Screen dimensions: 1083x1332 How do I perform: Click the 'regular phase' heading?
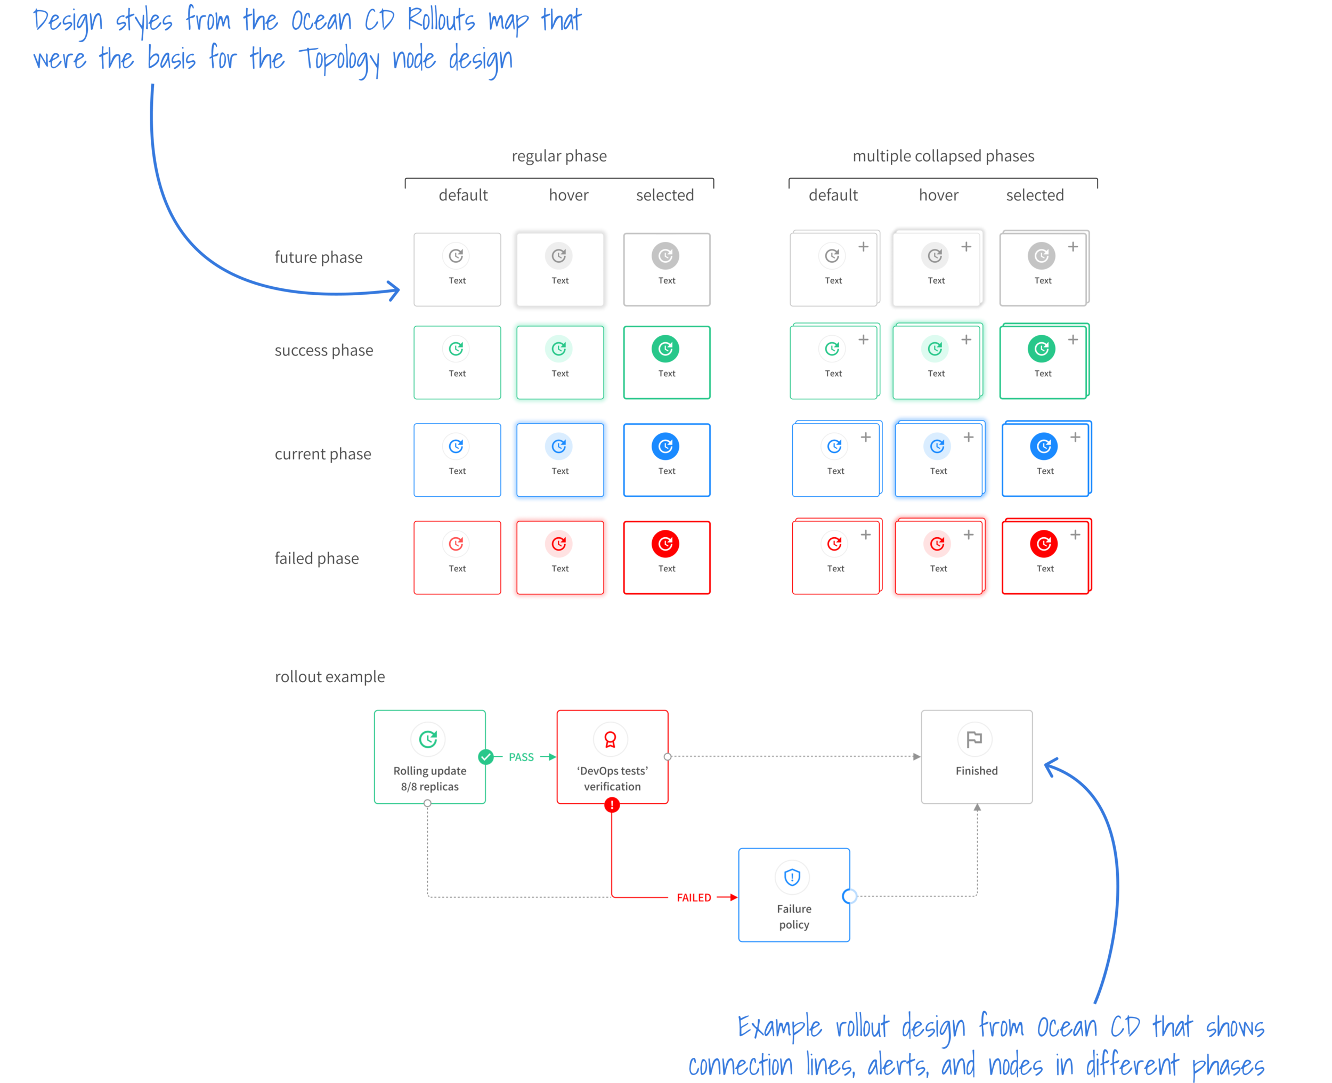tap(559, 156)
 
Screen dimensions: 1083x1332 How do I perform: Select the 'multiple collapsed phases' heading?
tap(943, 156)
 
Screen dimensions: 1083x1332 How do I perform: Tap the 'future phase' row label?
tap(318, 257)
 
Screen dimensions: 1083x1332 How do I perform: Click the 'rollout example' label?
tap(329, 677)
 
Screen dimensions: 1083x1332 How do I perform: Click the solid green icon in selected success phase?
tap(665, 349)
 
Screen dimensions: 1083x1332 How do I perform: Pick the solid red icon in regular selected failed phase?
tap(665, 544)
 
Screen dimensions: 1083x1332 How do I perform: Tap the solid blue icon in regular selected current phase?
tap(665, 446)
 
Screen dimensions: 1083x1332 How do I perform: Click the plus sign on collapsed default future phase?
tap(863, 247)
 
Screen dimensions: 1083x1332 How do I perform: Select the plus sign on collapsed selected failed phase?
tap(1075, 535)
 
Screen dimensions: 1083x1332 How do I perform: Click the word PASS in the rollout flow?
tap(521, 757)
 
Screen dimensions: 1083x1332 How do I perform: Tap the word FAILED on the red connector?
tap(693, 898)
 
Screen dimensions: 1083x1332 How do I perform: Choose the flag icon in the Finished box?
tap(974, 739)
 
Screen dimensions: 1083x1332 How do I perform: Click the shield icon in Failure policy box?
tap(792, 877)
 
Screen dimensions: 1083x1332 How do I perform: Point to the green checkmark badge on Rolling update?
tap(486, 757)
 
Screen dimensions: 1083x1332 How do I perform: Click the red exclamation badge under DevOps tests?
tap(612, 805)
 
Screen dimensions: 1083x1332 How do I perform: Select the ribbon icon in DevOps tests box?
tap(611, 739)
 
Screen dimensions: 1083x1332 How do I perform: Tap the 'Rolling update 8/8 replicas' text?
tap(429, 779)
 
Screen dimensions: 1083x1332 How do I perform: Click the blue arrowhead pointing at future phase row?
tap(394, 290)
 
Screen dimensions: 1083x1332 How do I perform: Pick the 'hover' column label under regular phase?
tap(568, 195)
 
